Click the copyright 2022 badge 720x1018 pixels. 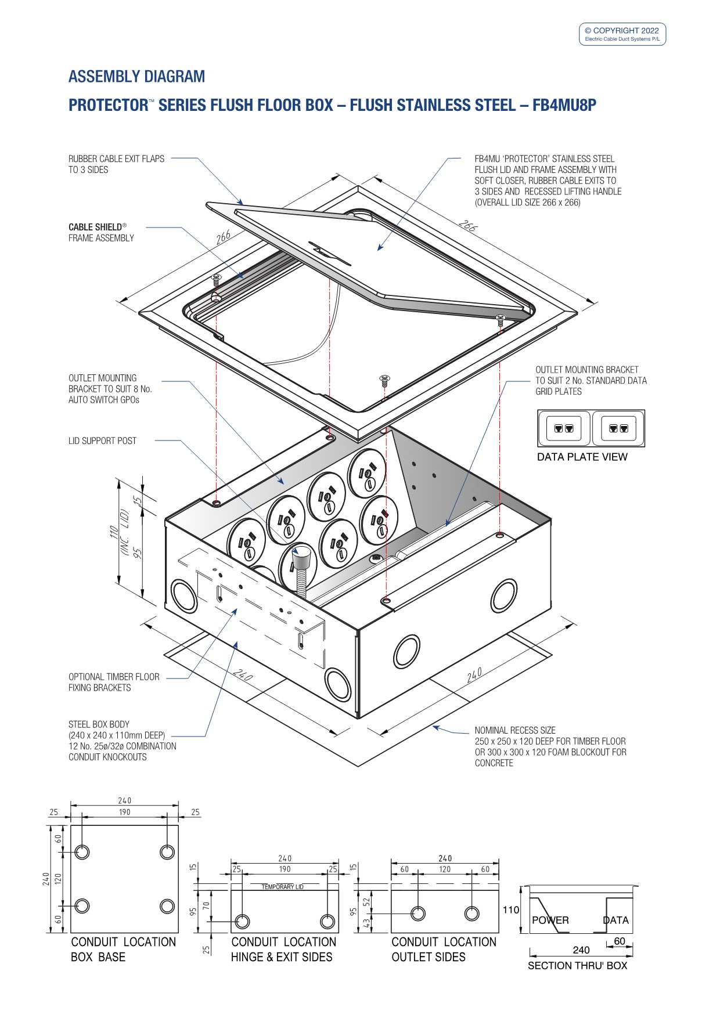pyautogui.click(x=622, y=34)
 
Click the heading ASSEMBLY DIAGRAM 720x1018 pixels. pyautogui.click(x=136, y=77)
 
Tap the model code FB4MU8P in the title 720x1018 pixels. pyautogui.click(x=564, y=105)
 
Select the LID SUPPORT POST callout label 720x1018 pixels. pyautogui.click(x=102, y=441)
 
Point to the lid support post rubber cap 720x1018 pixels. pyautogui.click(x=300, y=559)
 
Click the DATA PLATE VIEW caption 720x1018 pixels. pyautogui.click(x=582, y=457)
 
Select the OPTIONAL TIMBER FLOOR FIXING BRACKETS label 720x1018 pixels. pyautogui.click(x=114, y=682)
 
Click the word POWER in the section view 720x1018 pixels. pyautogui.click(x=550, y=920)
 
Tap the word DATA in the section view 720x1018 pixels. pyautogui.click(x=615, y=920)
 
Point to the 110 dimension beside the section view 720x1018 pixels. pyautogui.click(x=510, y=909)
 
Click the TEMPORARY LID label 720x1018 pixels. pyautogui.click(x=282, y=887)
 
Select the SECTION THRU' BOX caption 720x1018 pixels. pyautogui.click(x=577, y=965)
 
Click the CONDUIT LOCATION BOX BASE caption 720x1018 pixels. pyautogui.click(x=123, y=949)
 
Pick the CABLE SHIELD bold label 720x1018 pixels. pyautogui.click(x=96, y=227)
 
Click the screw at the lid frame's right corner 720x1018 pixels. pyautogui.click(x=500, y=318)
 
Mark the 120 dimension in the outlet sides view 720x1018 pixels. pyautogui.click(x=445, y=869)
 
